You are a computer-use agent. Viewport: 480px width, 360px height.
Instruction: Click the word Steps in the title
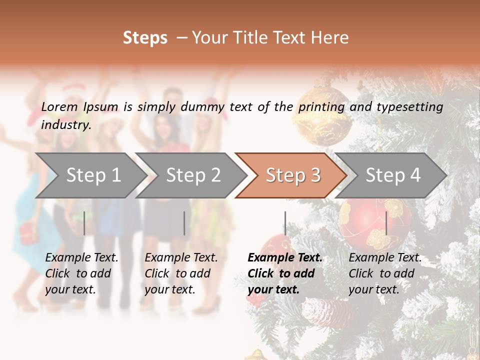coord(145,38)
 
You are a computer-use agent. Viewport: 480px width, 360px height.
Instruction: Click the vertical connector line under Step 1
coord(84,223)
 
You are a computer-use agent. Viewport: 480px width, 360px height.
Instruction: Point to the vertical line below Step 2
coord(184,223)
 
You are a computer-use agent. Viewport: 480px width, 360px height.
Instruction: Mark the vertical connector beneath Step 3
coord(285,223)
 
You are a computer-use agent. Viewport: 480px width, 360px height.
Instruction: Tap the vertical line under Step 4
coord(386,223)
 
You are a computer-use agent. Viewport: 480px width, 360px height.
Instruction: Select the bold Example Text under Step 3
coord(285,273)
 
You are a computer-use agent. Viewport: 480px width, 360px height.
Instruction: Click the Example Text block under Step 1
coord(81,273)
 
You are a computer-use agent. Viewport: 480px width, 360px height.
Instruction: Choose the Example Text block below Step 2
coord(181,273)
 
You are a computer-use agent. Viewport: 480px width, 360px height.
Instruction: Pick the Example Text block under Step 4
coord(385,273)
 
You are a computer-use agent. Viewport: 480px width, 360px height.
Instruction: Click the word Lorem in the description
coord(59,106)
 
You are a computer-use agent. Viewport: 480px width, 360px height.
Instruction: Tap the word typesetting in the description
coord(409,107)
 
